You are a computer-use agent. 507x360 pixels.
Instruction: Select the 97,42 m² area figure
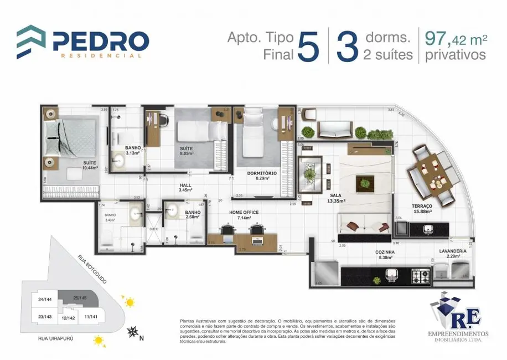456,39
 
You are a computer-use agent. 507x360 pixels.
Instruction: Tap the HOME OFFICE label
244,212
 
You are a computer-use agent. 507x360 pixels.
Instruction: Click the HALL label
185,186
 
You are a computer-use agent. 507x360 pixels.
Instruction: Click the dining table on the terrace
431,175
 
